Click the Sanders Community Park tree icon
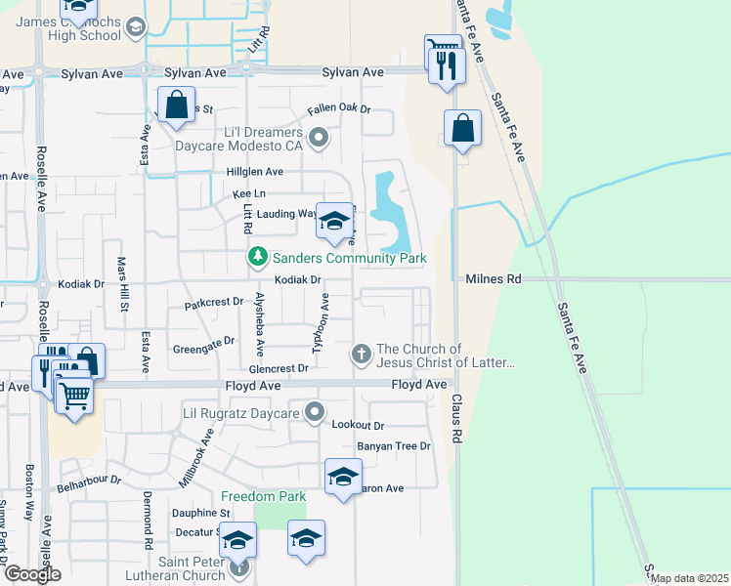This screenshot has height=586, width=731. (257, 258)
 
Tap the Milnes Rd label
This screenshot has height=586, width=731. (494, 279)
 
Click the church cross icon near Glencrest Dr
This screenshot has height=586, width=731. (362, 352)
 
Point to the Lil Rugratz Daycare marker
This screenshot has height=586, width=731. (314, 414)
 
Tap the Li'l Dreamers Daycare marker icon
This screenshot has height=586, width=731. (318, 138)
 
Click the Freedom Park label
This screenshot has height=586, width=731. (263, 496)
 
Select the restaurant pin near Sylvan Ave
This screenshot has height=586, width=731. (448, 66)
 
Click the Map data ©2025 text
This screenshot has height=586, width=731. (690, 578)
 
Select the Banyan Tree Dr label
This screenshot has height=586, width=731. (394, 446)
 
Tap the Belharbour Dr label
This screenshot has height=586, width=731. (88, 481)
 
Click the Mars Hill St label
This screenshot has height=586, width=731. (124, 285)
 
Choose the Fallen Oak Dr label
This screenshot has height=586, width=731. (339, 109)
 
